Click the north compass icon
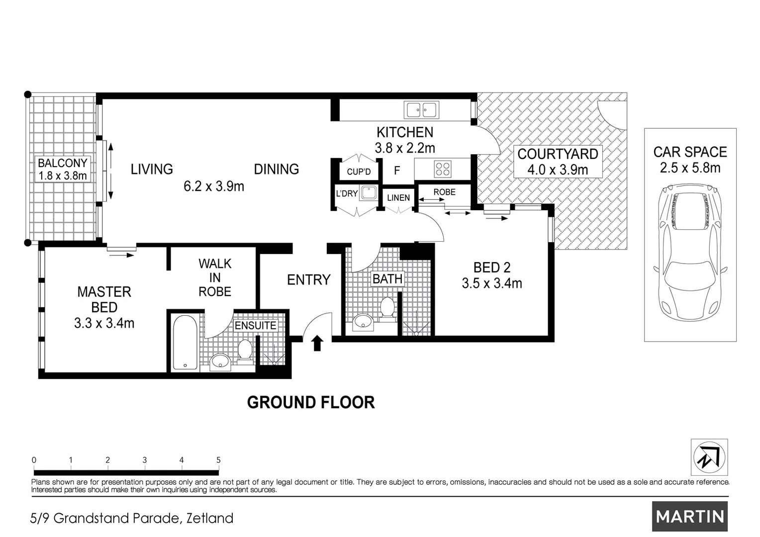point(709,457)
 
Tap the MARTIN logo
point(690,516)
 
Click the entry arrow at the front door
point(317,343)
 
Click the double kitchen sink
point(422,110)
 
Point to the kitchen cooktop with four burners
point(443,169)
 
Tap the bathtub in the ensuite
point(185,342)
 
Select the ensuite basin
point(220,362)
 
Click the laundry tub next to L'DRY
point(369,193)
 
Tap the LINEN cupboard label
point(398,198)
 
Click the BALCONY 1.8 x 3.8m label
point(63,169)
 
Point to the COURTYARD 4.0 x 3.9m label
point(558,162)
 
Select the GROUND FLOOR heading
point(311,403)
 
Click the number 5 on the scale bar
point(218,460)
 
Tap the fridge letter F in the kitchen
point(397,170)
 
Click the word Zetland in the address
point(210,518)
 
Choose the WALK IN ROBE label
point(215,277)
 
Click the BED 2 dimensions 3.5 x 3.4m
point(492,283)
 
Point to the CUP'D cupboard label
point(359,172)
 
